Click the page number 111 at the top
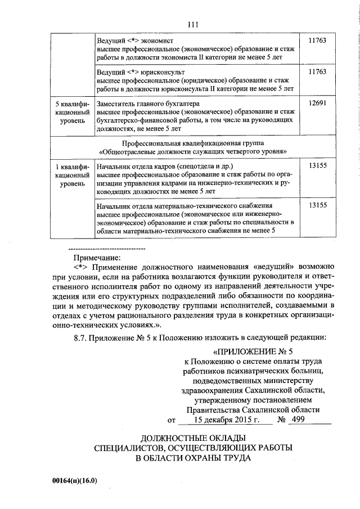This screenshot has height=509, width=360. tap(193, 24)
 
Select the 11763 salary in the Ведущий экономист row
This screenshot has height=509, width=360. tap(318, 41)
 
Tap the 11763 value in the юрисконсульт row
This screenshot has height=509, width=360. tap(318, 73)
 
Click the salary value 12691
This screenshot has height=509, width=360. tap(318, 104)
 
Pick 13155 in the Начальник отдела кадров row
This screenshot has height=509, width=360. tap(318, 166)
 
